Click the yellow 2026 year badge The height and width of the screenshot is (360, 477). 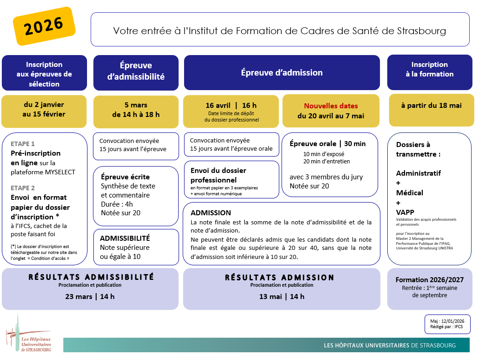44,26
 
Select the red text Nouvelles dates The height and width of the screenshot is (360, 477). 331,106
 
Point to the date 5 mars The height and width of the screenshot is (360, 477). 136,105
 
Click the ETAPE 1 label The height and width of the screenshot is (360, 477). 23,143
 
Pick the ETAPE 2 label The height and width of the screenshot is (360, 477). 23,188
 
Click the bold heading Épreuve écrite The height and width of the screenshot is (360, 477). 125,177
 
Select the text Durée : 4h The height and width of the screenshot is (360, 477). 117,204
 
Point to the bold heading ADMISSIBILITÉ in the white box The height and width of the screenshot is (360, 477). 125,238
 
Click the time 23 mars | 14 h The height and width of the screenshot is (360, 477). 90,296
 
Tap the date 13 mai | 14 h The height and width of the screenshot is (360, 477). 282,296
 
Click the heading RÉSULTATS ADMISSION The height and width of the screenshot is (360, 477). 280,278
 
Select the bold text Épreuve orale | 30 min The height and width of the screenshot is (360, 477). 328,144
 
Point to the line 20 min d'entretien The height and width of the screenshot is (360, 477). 327,161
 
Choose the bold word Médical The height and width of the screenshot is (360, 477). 410,193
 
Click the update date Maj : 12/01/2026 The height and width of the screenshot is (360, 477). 447,321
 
